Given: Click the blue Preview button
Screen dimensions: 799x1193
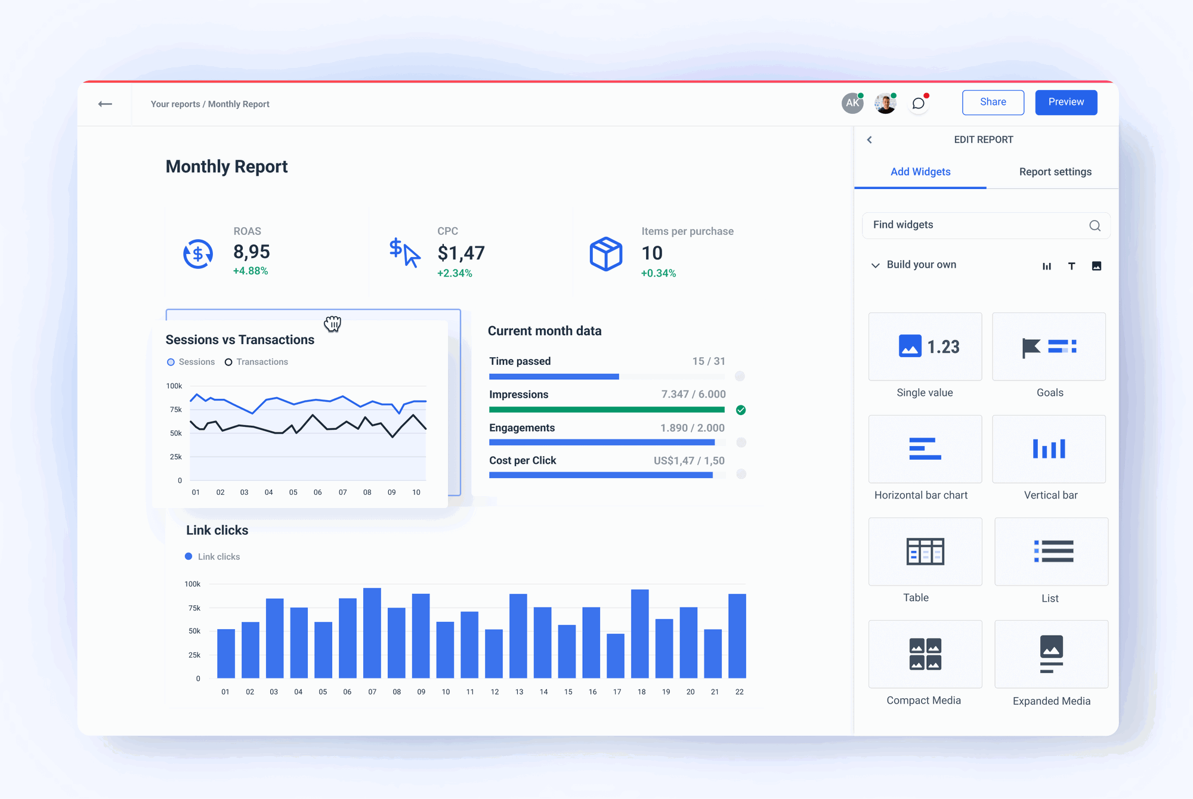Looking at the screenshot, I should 1065,103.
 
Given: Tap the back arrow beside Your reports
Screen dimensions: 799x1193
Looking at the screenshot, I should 105,104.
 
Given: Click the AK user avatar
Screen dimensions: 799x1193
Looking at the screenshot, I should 852,103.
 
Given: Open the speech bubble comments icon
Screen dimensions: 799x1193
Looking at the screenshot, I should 919,104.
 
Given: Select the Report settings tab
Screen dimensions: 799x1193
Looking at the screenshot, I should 1055,172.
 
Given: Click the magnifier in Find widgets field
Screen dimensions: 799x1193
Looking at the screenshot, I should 1095,225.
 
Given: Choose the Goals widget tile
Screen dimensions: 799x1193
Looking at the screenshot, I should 1049,347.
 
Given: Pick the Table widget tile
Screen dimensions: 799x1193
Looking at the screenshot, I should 925,552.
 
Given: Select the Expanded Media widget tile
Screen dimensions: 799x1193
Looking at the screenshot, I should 1051,655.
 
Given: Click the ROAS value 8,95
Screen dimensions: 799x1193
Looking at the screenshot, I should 251,252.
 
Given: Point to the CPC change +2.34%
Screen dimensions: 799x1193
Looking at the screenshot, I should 455,273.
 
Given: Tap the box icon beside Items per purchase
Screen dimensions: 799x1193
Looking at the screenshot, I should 605,254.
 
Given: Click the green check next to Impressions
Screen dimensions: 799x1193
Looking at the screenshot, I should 741,410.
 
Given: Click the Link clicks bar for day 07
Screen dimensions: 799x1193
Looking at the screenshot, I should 372,633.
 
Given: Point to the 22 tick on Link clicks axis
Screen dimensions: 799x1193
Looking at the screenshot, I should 739,692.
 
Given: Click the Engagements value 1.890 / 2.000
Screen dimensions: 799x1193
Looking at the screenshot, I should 692,428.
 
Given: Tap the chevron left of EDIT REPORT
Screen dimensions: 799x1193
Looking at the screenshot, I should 870,140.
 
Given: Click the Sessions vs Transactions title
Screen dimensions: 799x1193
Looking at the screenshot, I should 240,340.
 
